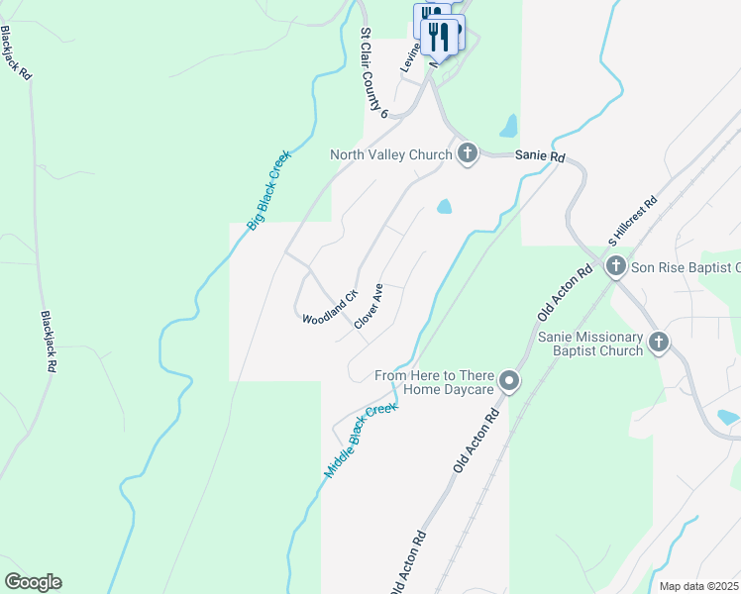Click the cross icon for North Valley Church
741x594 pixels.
click(468, 153)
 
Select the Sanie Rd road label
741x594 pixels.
click(539, 156)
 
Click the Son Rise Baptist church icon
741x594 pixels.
click(615, 266)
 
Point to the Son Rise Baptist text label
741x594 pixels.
click(686, 267)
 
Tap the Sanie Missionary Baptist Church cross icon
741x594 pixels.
click(660, 343)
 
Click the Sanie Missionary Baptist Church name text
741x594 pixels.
click(589, 344)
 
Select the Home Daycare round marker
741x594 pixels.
click(510, 381)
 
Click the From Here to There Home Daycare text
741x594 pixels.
click(434, 382)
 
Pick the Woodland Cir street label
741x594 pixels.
click(330, 309)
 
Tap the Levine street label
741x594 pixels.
click(411, 57)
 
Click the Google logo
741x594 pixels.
click(33, 582)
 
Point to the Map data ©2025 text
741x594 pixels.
click(698, 586)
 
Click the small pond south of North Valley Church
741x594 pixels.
click(444, 207)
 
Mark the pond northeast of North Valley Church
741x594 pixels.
click(509, 126)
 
